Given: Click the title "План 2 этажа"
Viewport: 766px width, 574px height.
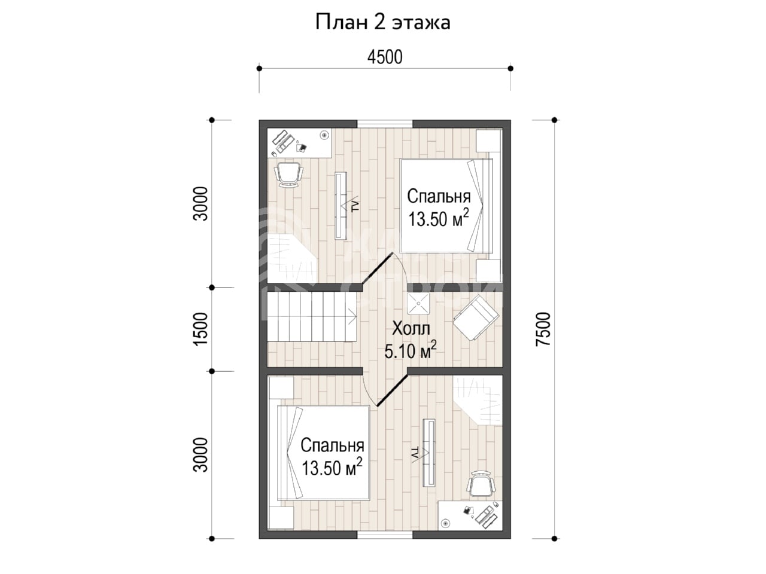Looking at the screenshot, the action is [382, 23].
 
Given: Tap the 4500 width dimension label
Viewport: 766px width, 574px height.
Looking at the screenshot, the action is [385, 57].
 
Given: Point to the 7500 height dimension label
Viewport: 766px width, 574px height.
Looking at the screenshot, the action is [543, 329].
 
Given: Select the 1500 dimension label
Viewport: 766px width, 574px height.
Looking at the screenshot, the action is [200, 329].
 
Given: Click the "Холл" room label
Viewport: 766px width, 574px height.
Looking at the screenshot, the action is [411, 329].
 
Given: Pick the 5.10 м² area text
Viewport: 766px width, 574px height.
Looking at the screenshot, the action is [410, 350].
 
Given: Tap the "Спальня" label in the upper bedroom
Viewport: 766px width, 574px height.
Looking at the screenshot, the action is [439, 197].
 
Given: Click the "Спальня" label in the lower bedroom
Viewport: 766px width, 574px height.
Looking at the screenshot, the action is [332, 445].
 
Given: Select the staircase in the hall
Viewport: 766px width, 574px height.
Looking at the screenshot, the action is [312, 316].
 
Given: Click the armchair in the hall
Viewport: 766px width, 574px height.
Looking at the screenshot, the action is [476, 318].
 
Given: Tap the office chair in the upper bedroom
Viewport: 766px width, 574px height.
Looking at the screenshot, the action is [288, 175].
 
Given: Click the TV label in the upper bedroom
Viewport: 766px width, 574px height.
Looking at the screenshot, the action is [355, 206].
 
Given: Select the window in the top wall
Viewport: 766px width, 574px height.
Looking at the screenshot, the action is [385, 124].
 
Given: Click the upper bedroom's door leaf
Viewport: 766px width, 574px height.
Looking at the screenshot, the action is [378, 268].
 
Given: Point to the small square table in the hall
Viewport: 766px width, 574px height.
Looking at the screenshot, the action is [418, 303].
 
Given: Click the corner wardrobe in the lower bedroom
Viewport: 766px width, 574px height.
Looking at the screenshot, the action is [478, 401].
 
